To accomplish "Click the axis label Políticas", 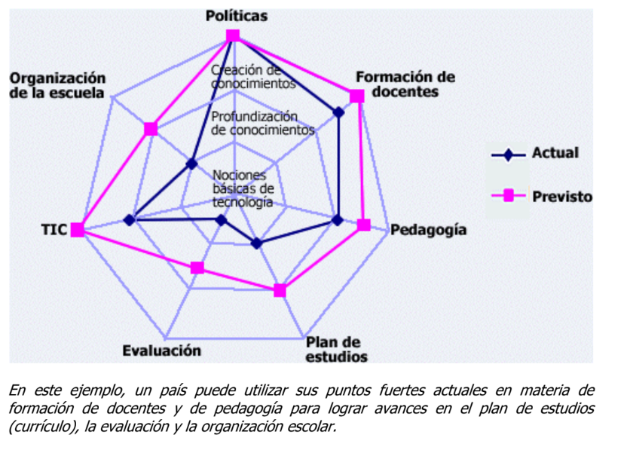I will pyautogui.click(x=236, y=17).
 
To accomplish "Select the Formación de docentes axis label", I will pyautogui.click(x=405, y=84).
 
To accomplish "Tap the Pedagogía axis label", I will pyautogui.click(x=428, y=230).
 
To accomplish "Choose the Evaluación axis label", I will pyautogui.click(x=161, y=351).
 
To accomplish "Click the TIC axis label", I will pyautogui.click(x=54, y=230).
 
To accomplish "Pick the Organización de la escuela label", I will pyautogui.click(x=57, y=85).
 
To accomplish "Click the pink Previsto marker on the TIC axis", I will pyautogui.click(x=77, y=230).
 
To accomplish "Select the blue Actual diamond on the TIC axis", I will pyautogui.click(x=130, y=220).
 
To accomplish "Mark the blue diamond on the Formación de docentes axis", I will pyautogui.click(x=338, y=112).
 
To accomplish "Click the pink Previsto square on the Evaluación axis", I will pyautogui.click(x=197, y=268).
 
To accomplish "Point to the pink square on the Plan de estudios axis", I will pyautogui.click(x=280, y=290).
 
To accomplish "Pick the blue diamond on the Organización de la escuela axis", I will pyautogui.click(x=192, y=164).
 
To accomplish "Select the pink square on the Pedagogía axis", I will pyautogui.click(x=364, y=225).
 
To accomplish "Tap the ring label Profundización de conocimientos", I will pyautogui.click(x=262, y=123).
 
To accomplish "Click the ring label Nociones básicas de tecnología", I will pyautogui.click(x=243, y=189).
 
